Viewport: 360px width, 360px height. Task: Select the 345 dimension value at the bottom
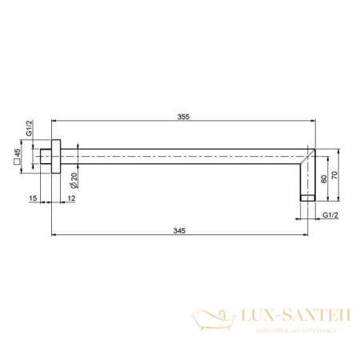pyautogui.click(x=178, y=230)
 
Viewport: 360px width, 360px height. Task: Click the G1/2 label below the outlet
pyautogui.click(x=330, y=214)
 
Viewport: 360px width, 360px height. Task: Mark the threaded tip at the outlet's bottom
pyautogui.click(x=306, y=196)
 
